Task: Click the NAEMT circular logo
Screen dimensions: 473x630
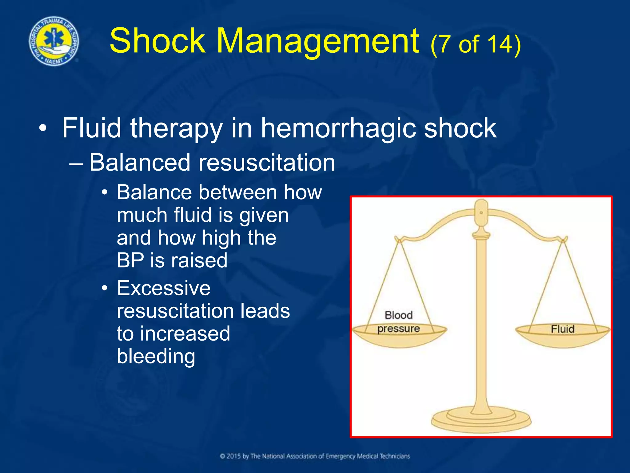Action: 54,41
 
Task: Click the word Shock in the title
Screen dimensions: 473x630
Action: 157,41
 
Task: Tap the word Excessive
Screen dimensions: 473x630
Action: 164,289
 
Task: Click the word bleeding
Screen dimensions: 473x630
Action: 156,357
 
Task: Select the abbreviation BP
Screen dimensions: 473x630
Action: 130,261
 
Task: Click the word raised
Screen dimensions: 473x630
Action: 199,261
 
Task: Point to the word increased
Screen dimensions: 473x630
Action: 185,334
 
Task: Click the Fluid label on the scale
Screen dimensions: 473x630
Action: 562,329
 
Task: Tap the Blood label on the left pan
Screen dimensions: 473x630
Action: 399,315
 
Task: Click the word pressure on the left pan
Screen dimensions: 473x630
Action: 399,329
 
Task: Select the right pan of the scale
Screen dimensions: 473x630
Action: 562,337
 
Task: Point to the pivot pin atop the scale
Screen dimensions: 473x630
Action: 481,212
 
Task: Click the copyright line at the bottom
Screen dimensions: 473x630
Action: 315,456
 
